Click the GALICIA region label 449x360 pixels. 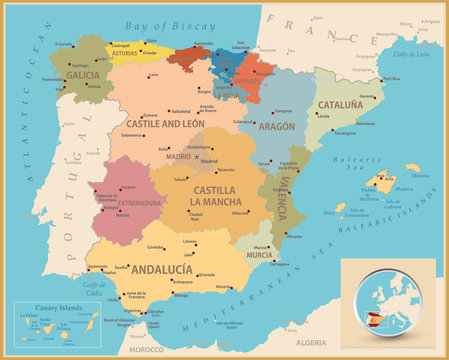coord(83,74)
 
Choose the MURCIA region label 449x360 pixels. coord(259,255)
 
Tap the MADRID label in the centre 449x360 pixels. coord(178,156)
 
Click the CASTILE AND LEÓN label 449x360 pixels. coord(166,124)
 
